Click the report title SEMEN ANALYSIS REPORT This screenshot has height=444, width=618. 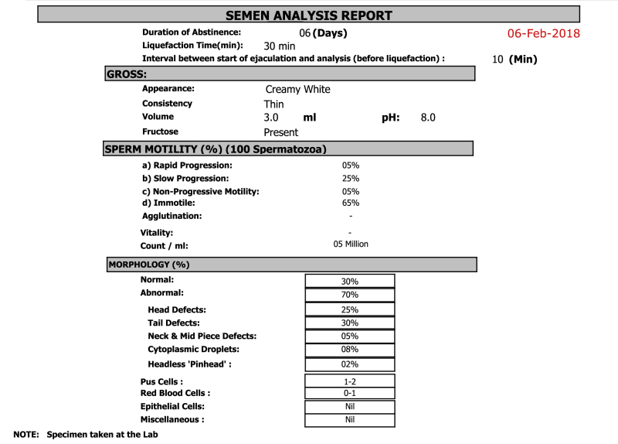click(x=308, y=15)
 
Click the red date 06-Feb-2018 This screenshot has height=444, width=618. click(x=544, y=34)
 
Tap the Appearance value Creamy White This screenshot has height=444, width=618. click(x=297, y=90)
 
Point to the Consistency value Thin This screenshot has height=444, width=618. click(x=273, y=104)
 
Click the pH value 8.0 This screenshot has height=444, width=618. click(x=428, y=118)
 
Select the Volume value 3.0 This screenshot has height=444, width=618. click(x=270, y=118)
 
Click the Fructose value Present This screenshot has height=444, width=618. click(x=280, y=132)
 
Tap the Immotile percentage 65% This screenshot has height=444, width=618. click(x=351, y=203)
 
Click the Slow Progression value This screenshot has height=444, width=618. click(x=351, y=178)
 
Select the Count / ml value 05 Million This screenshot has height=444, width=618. click(x=351, y=244)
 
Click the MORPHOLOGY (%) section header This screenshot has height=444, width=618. click(x=149, y=265)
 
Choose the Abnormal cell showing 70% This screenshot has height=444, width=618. click(x=350, y=295)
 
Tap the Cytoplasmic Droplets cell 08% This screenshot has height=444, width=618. click(x=350, y=350)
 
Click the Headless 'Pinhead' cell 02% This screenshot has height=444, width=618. click(x=350, y=364)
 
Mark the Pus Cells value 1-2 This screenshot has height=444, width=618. click(x=350, y=381)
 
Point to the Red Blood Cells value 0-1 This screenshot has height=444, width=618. click(x=350, y=393)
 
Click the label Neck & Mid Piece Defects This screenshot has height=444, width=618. click(x=202, y=336)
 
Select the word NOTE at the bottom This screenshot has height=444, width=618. click(x=26, y=435)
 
